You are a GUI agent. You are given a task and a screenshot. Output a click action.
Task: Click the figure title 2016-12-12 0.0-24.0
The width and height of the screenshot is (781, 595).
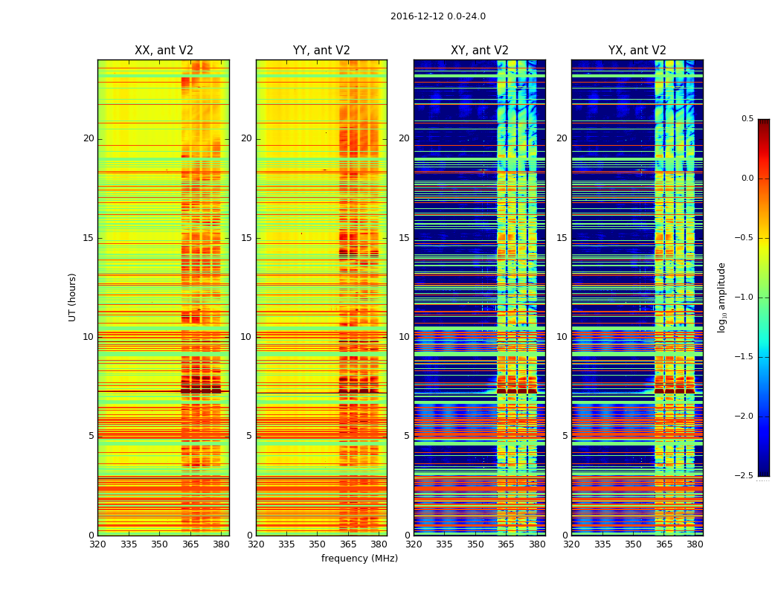(437, 16)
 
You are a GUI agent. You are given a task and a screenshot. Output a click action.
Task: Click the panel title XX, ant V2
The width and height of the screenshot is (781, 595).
(164, 51)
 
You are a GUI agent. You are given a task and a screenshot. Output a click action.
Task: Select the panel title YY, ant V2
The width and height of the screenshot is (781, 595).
(321, 51)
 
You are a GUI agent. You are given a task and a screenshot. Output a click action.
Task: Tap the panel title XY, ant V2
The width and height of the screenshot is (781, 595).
(480, 51)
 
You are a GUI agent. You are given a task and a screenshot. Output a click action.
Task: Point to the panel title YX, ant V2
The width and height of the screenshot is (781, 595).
(637, 51)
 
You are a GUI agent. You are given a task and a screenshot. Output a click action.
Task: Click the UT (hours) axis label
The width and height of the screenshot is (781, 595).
(73, 297)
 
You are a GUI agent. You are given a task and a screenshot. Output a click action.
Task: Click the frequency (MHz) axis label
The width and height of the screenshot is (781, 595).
(359, 559)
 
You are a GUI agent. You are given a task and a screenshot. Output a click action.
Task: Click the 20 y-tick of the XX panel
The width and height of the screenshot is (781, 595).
(89, 138)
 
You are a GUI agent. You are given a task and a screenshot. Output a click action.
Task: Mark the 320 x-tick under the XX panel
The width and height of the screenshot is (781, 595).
(97, 544)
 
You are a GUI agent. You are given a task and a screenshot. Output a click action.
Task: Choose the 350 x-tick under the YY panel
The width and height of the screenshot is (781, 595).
(318, 544)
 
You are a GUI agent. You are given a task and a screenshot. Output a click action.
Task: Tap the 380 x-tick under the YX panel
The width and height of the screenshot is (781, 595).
(695, 544)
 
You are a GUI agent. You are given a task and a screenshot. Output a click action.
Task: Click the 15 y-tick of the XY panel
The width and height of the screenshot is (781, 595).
(404, 238)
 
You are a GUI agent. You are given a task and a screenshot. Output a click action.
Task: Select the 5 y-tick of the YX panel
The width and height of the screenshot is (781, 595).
(565, 436)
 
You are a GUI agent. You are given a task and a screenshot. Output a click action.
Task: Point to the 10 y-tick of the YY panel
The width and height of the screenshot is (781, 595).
(246, 337)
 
